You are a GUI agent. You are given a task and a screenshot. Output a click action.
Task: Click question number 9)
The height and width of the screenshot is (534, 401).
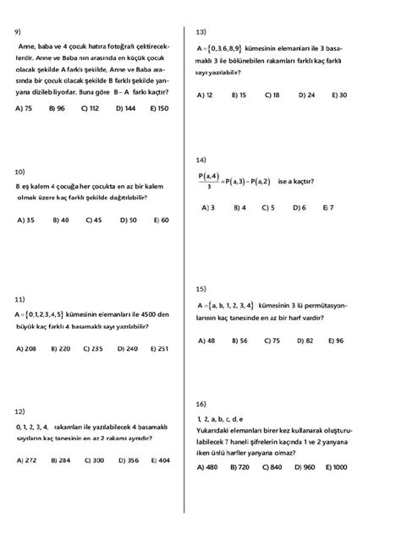click(x=19, y=32)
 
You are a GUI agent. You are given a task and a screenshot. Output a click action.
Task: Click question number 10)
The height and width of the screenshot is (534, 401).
click(x=20, y=172)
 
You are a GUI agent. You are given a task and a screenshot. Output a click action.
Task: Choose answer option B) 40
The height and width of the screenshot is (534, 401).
click(x=60, y=220)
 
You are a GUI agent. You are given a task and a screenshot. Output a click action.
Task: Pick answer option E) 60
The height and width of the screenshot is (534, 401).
click(x=160, y=220)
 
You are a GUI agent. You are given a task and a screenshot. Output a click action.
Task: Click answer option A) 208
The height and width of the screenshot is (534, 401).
click(x=25, y=348)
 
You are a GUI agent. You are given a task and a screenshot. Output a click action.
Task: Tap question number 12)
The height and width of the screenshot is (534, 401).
click(x=20, y=411)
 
